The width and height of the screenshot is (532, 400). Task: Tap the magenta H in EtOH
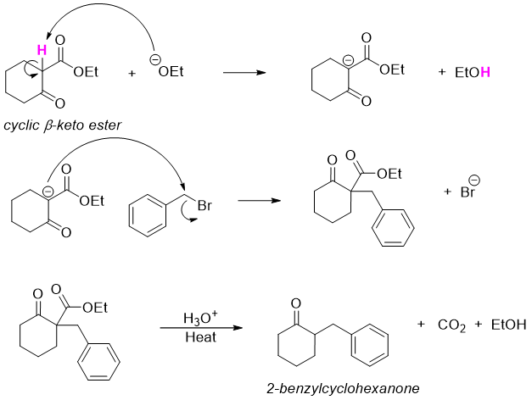click(x=484, y=74)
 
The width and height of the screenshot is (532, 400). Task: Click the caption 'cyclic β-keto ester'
click(x=61, y=125)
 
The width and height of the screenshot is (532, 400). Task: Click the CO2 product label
click(x=451, y=326)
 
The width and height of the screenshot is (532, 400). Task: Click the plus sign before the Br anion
click(x=447, y=193)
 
